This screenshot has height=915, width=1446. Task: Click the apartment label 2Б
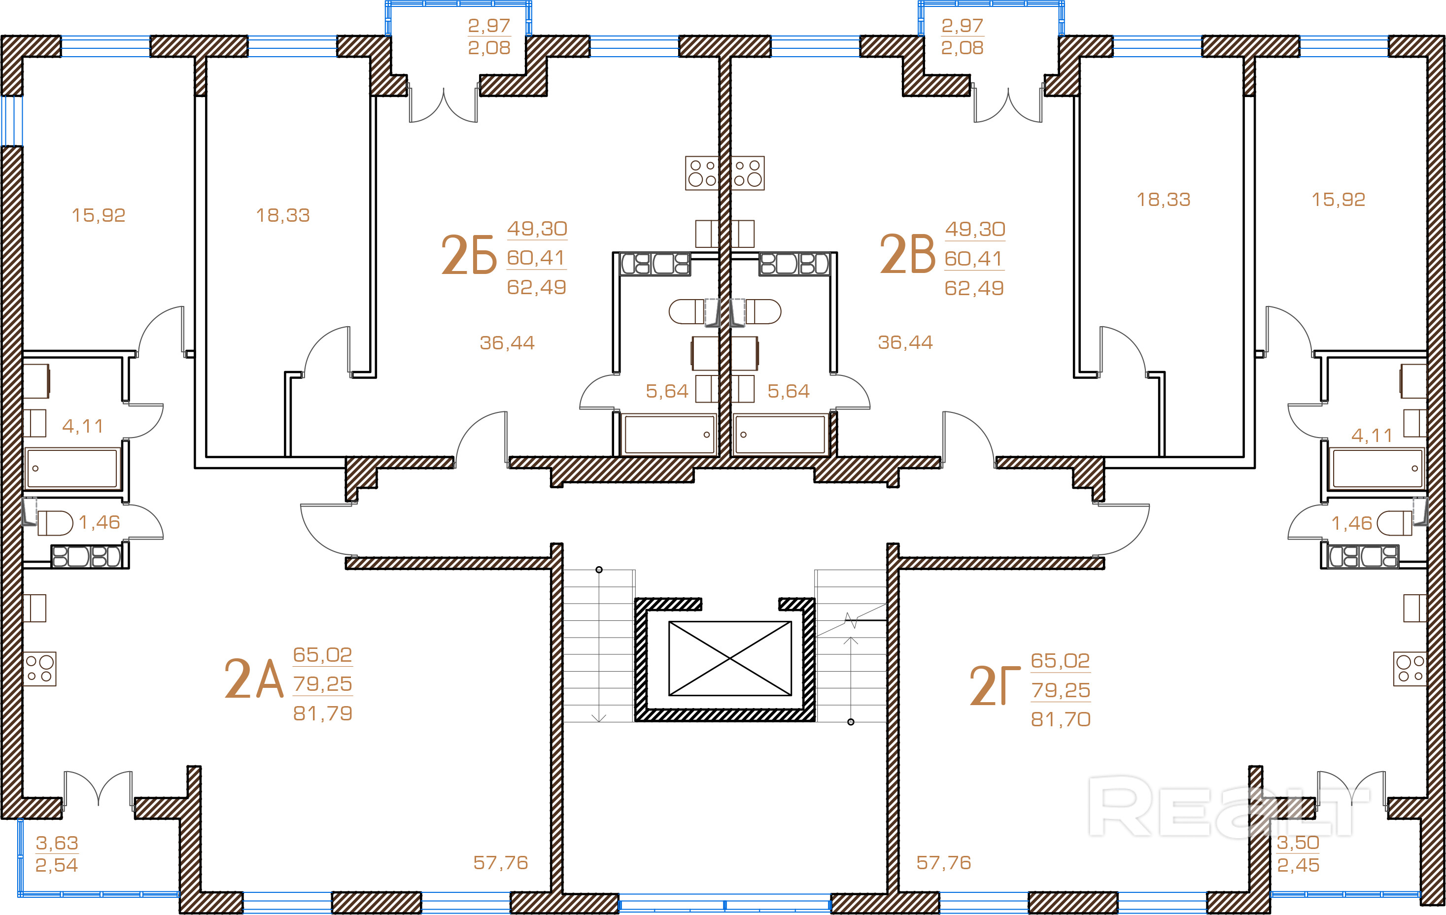469,255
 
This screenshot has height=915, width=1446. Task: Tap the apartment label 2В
907,255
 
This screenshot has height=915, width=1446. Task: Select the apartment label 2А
253,679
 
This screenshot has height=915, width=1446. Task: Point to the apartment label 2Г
995,686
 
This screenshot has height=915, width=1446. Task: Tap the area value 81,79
322,713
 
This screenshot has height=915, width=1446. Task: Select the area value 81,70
1061,719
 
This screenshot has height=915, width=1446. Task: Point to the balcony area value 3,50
1298,843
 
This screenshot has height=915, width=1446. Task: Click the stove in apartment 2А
39,669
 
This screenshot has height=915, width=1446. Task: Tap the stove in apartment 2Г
1410,669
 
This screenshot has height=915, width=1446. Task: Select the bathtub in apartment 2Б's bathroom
669,434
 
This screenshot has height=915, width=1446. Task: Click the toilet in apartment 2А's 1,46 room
55,523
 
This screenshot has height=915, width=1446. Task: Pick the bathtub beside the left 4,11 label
72,468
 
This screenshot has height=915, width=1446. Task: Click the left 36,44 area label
507,343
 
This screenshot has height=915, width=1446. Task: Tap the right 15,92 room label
1338,200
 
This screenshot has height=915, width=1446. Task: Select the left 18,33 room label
283,215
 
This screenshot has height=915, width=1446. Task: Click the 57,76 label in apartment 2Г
943,863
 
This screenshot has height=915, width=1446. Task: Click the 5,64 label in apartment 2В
789,391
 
